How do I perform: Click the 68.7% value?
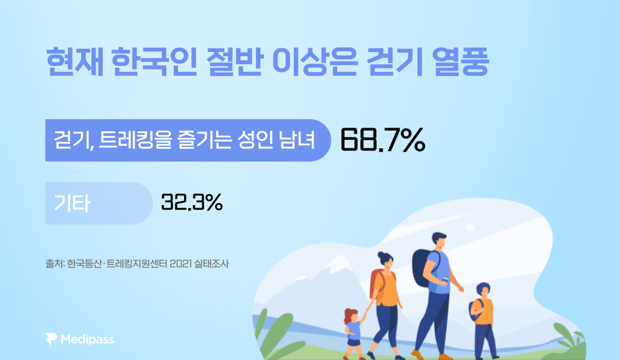coord(383,140)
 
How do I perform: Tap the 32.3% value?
coord(192,202)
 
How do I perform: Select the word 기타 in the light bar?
coord(72,203)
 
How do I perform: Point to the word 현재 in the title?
coord(74,62)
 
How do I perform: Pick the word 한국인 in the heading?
coord(154,62)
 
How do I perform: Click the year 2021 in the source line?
coord(180,264)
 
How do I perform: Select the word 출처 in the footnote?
coord(54,264)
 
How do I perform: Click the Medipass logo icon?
coord(51,339)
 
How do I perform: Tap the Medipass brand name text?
coord(87,339)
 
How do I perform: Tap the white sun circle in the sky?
coord(470,227)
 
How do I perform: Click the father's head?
coord(439,240)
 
